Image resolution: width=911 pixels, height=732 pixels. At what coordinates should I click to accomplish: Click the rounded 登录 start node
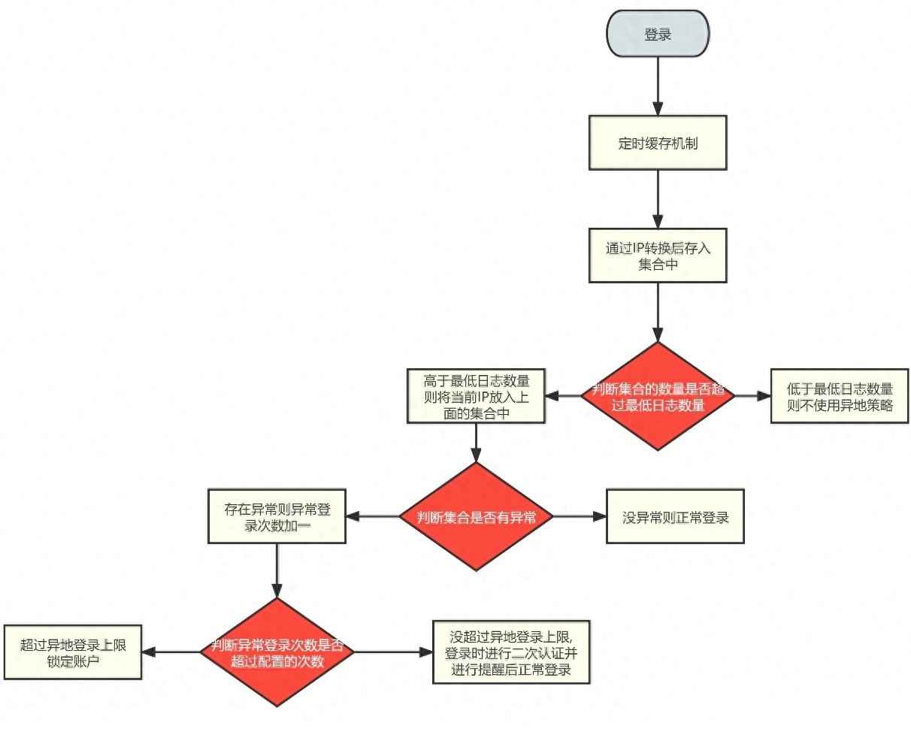[x=658, y=34]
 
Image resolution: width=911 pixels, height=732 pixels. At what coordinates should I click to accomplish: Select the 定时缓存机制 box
[x=658, y=143]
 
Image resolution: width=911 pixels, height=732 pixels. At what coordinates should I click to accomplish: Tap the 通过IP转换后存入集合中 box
[x=658, y=256]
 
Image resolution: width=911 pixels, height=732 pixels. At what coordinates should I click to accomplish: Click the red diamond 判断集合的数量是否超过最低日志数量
[x=658, y=396]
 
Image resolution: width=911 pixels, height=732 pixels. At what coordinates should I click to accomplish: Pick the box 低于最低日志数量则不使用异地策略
[x=840, y=396]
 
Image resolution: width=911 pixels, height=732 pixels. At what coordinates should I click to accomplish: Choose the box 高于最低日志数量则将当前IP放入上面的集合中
[x=476, y=396]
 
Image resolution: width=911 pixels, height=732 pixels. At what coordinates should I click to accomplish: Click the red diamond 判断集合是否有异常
[x=476, y=516]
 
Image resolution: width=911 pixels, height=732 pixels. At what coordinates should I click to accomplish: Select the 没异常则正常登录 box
[x=675, y=516]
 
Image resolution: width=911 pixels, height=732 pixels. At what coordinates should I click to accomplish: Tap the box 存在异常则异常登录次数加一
[x=277, y=516]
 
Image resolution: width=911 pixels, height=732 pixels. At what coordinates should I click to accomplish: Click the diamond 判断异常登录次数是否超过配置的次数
[x=277, y=652]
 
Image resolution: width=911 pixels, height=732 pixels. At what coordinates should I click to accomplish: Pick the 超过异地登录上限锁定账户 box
[x=73, y=652]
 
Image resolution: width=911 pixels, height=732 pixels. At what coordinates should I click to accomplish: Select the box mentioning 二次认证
[x=511, y=652]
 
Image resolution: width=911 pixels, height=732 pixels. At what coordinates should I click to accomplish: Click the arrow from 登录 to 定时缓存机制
[x=658, y=86]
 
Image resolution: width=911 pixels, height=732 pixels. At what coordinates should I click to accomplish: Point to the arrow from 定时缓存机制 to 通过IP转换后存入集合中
[x=658, y=199]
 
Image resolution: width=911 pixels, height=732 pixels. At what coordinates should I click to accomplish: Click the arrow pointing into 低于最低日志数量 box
[x=752, y=396]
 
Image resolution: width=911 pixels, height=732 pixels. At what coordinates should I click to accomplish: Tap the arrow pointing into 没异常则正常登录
[x=580, y=516]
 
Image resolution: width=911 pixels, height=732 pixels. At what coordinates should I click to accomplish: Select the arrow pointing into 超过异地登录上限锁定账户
[x=171, y=652]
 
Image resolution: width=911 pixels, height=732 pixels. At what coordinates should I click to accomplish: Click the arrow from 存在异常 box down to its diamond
[x=277, y=570]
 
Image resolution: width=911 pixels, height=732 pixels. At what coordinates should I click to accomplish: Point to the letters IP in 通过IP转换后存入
[x=638, y=248]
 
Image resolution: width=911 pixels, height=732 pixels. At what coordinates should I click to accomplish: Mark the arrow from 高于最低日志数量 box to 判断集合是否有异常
[x=476, y=443]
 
